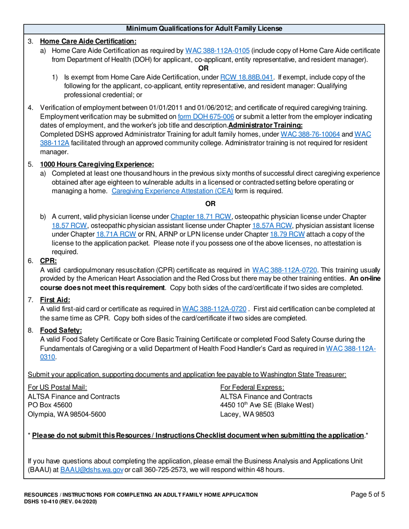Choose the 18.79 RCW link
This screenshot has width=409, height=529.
point(287,234)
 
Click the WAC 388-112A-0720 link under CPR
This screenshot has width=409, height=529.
point(285,270)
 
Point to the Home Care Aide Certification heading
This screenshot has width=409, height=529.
point(88,42)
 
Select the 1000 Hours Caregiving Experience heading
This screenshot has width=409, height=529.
point(97,165)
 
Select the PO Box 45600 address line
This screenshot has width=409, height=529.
point(50,405)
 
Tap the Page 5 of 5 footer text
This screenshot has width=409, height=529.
point(368,495)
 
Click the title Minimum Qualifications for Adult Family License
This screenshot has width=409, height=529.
point(204,29)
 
